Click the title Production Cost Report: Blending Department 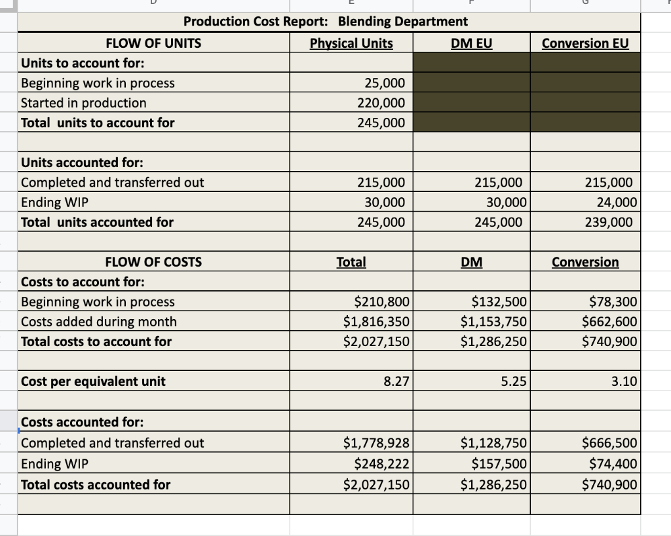tap(326, 21)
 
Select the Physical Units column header tap(351, 43)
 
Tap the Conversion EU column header tap(585, 43)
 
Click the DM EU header tap(471, 43)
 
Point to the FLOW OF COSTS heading tap(153, 262)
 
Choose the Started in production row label tap(84, 103)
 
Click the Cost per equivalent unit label tap(94, 381)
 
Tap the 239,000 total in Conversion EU tap(609, 222)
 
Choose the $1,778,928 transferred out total tap(377, 444)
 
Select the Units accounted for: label tap(83, 163)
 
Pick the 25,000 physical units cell tap(384, 83)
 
